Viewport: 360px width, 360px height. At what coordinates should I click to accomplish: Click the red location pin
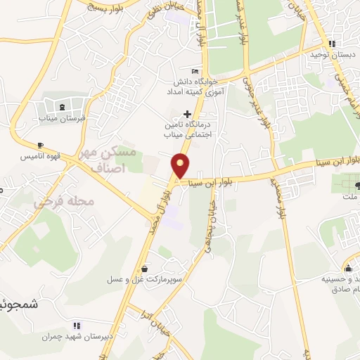[x=181, y=165]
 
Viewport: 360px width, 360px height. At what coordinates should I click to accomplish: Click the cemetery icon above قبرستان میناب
[x=63, y=107]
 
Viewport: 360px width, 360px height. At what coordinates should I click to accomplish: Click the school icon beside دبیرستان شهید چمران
[x=77, y=326]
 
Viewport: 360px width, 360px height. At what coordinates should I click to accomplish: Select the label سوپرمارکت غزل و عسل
[x=145, y=279]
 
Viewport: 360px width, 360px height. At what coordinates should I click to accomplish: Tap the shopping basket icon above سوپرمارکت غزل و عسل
[x=145, y=268]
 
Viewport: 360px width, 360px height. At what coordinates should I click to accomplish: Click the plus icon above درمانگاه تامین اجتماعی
[x=187, y=114]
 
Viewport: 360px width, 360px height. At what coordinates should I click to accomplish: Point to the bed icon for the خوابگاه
[x=195, y=71]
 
